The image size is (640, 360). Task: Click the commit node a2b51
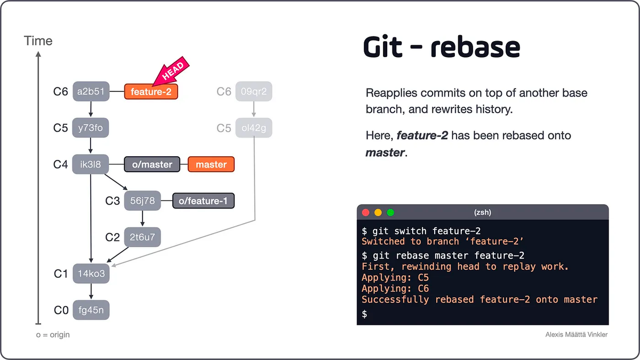[x=90, y=92]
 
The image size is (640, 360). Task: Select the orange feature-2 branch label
[x=151, y=92]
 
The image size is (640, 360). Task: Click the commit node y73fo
[x=90, y=128]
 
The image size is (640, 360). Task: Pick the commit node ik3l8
[x=90, y=164]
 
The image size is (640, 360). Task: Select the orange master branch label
[x=211, y=164]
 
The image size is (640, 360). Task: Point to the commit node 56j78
[x=142, y=201]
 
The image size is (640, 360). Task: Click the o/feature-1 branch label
[x=203, y=201]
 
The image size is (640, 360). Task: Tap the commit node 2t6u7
[x=142, y=237]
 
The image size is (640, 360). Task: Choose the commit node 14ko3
[x=91, y=274]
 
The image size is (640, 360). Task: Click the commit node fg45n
[x=91, y=310]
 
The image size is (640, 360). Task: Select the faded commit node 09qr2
[x=253, y=92]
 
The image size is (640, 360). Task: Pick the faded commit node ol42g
[x=253, y=128]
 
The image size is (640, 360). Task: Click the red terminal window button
[x=366, y=212]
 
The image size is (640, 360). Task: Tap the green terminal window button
[x=390, y=212]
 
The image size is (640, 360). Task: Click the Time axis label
[x=38, y=41]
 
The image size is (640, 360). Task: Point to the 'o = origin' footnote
[x=52, y=334]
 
